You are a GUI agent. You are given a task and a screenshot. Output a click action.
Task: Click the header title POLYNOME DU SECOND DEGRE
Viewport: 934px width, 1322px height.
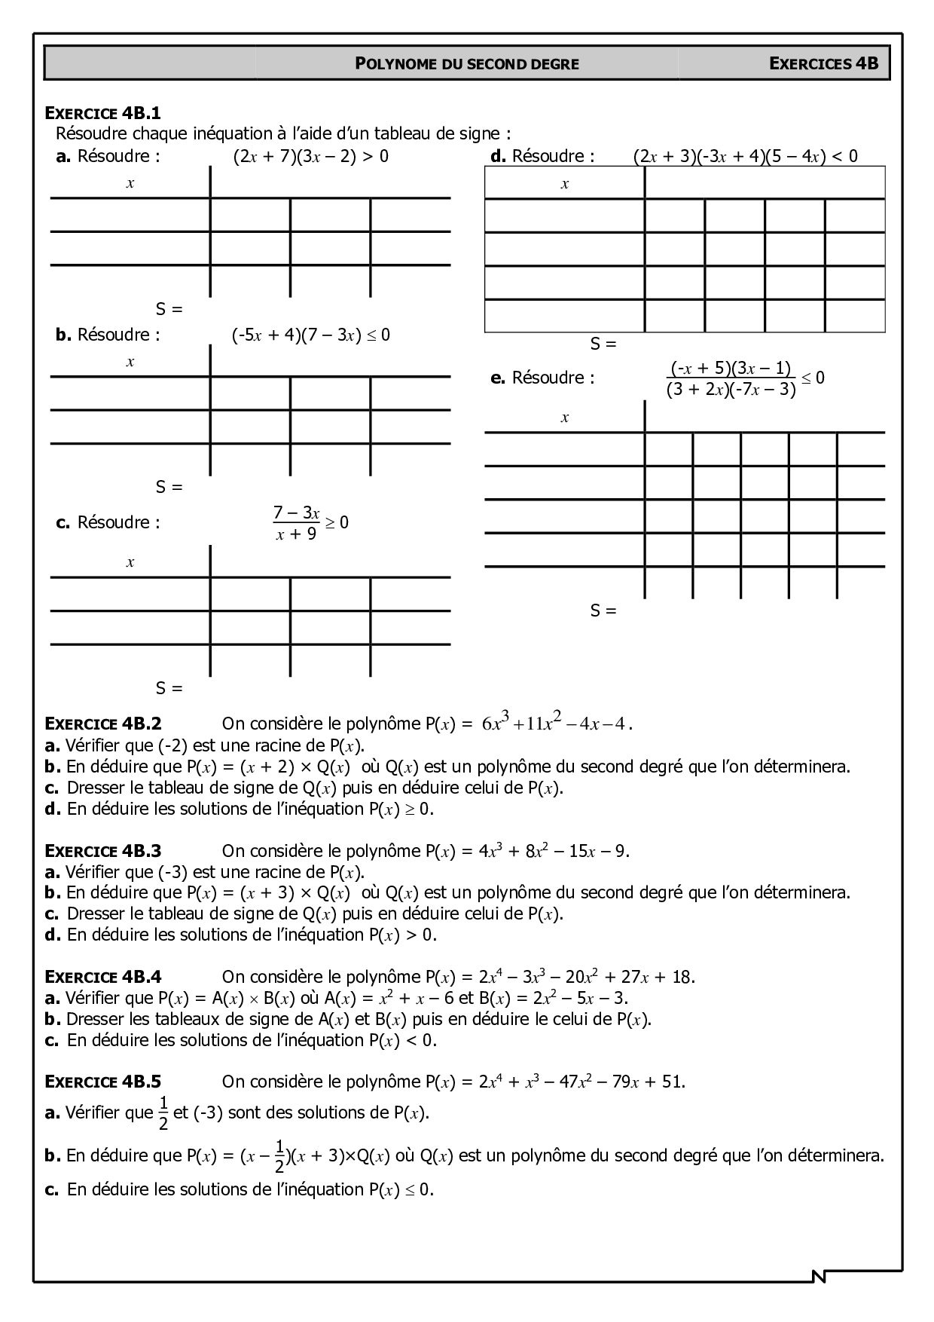pyautogui.click(x=467, y=64)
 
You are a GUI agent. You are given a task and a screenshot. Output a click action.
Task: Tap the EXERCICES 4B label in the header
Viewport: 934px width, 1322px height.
pyautogui.click(x=824, y=63)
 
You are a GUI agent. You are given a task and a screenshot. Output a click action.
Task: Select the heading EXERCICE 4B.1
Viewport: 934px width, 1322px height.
pyautogui.click(x=103, y=114)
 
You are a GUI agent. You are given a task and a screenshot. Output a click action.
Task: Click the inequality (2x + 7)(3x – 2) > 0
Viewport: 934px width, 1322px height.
pyautogui.click(x=311, y=157)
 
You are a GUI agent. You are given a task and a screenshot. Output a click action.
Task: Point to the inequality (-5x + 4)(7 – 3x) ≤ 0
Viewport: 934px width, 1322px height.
pyautogui.click(x=311, y=335)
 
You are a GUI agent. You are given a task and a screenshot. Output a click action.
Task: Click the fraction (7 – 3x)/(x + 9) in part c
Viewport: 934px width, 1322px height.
pyautogui.click(x=296, y=523)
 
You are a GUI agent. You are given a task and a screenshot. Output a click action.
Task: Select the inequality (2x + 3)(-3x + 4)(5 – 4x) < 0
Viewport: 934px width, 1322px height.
pyautogui.click(x=745, y=157)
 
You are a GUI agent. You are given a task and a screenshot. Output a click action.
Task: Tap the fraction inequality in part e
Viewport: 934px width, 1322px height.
pyautogui.click(x=745, y=378)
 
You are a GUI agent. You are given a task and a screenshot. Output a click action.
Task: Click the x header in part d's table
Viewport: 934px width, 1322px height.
pyautogui.click(x=565, y=184)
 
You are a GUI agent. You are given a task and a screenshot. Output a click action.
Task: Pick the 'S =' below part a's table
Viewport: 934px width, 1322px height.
pyautogui.click(x=169, y=309)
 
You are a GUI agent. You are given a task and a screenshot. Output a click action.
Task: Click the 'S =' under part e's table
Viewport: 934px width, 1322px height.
pyautogui.click(x=603, y=611)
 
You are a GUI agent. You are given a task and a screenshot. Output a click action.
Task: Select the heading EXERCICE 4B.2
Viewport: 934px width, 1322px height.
pyautogui.click(x=103, y=724)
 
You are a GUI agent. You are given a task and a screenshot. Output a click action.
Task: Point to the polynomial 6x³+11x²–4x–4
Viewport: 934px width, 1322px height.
pyautogui.click(x=555, y=724)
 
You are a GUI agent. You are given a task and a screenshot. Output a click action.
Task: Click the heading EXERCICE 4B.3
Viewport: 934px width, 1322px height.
pyautogui.click(x=103, y=851)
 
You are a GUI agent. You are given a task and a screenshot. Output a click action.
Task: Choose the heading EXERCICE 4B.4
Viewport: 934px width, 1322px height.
pyautogui.click(x=103, y=977)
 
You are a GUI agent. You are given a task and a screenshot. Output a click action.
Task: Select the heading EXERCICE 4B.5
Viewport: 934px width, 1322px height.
pyautogui.click(x=103, y=1082)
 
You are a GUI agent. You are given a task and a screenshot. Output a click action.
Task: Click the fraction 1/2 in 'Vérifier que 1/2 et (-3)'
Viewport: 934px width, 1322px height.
pyautogui.click(x=163, y=1113)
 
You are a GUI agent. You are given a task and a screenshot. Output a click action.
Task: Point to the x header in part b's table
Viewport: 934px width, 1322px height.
pyautogui.click(x=130, y=362)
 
